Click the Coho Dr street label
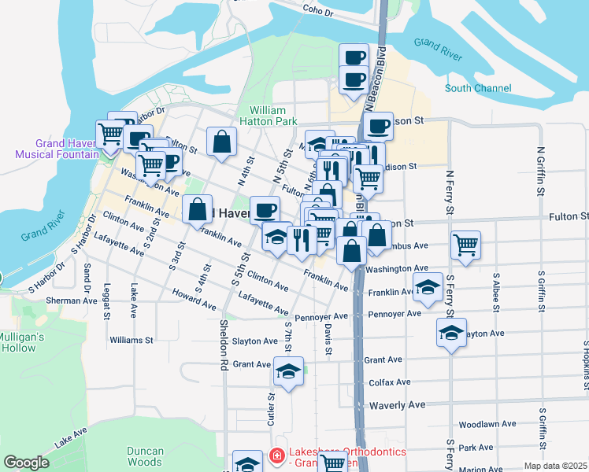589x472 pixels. tap(319, 11)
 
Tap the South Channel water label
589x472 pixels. tap(477, 89)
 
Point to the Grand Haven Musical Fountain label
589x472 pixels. tap(57, 149)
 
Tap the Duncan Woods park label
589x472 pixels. tap(144, 456)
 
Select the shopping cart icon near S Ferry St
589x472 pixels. tap(466, 244)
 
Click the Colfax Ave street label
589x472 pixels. tap(390, 382)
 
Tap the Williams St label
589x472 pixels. tap(132, 341)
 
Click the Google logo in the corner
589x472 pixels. tap(26, 463)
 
